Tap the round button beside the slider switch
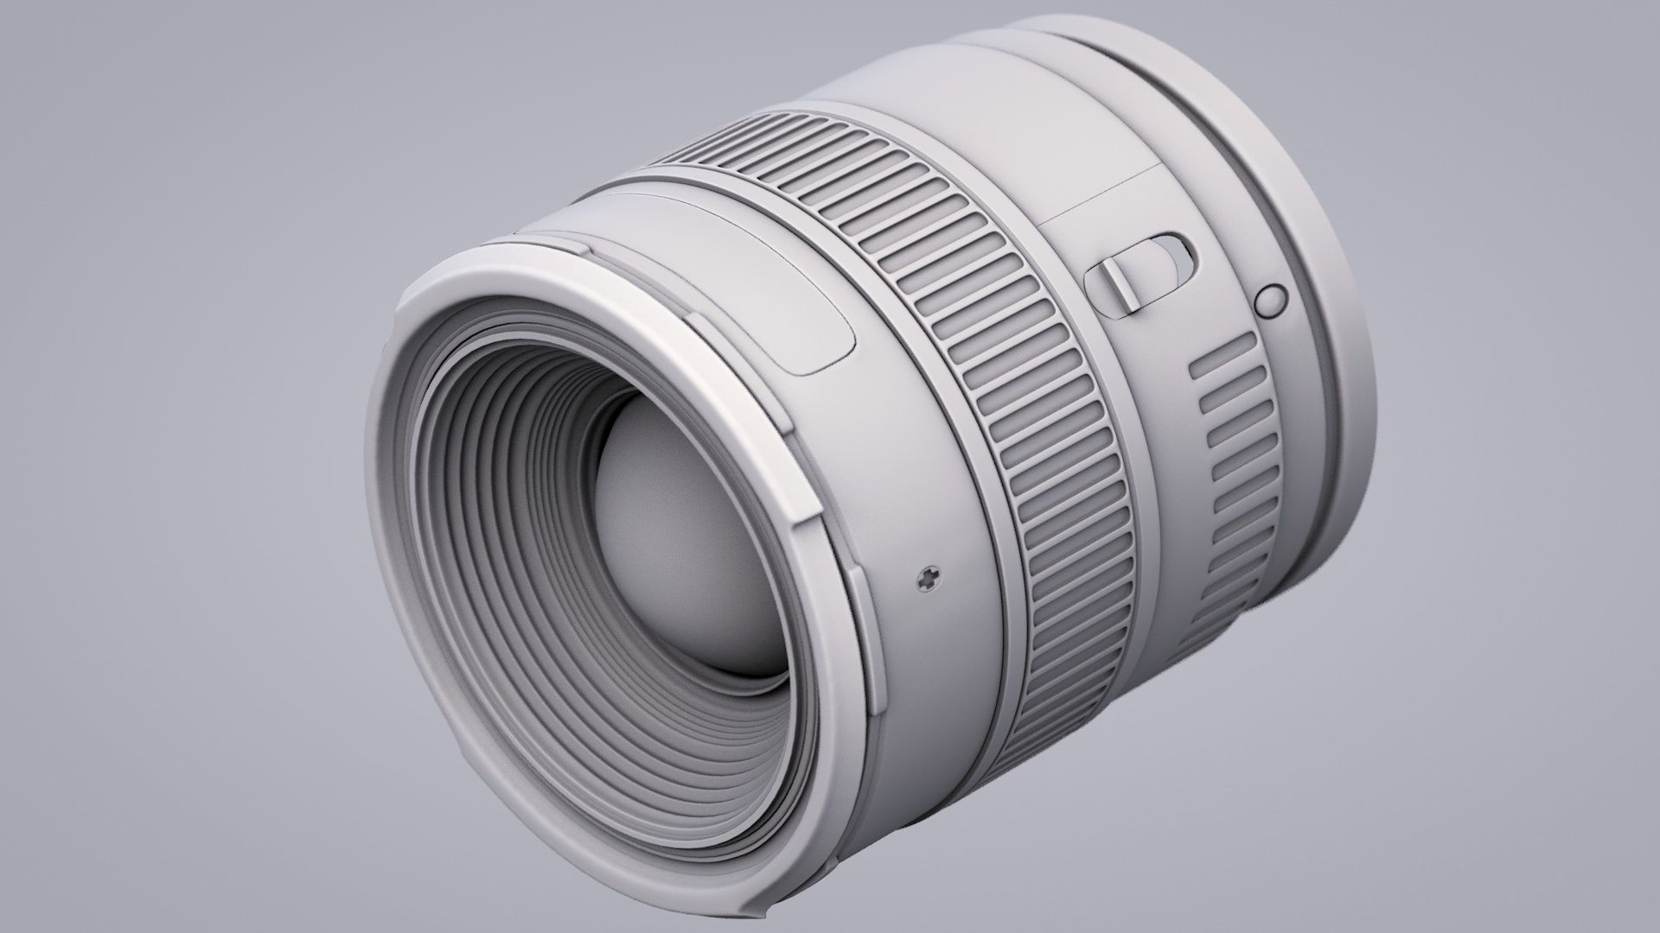point(1268,300)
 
